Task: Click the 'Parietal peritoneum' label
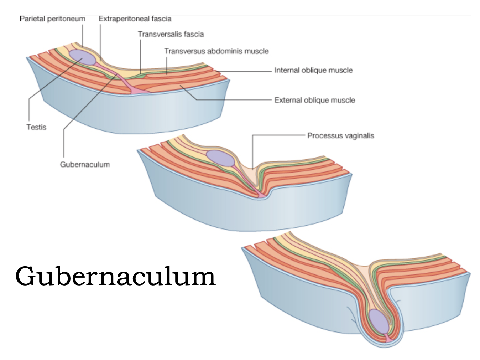click(52, 19)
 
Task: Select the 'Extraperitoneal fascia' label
click(135, 19)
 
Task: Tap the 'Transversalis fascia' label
click(171, 34)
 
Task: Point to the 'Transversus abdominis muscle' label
click(216, 51)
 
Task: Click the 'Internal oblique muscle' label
click(313, 70)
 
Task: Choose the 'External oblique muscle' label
click(314, 100)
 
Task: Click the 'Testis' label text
click(36, 127)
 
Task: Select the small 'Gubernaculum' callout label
click(85, 164)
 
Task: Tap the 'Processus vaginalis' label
click(340, 135)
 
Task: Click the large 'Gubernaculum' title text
click(115, 277)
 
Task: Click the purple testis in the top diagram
click(82, 57)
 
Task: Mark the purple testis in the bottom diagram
click(378, 321)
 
